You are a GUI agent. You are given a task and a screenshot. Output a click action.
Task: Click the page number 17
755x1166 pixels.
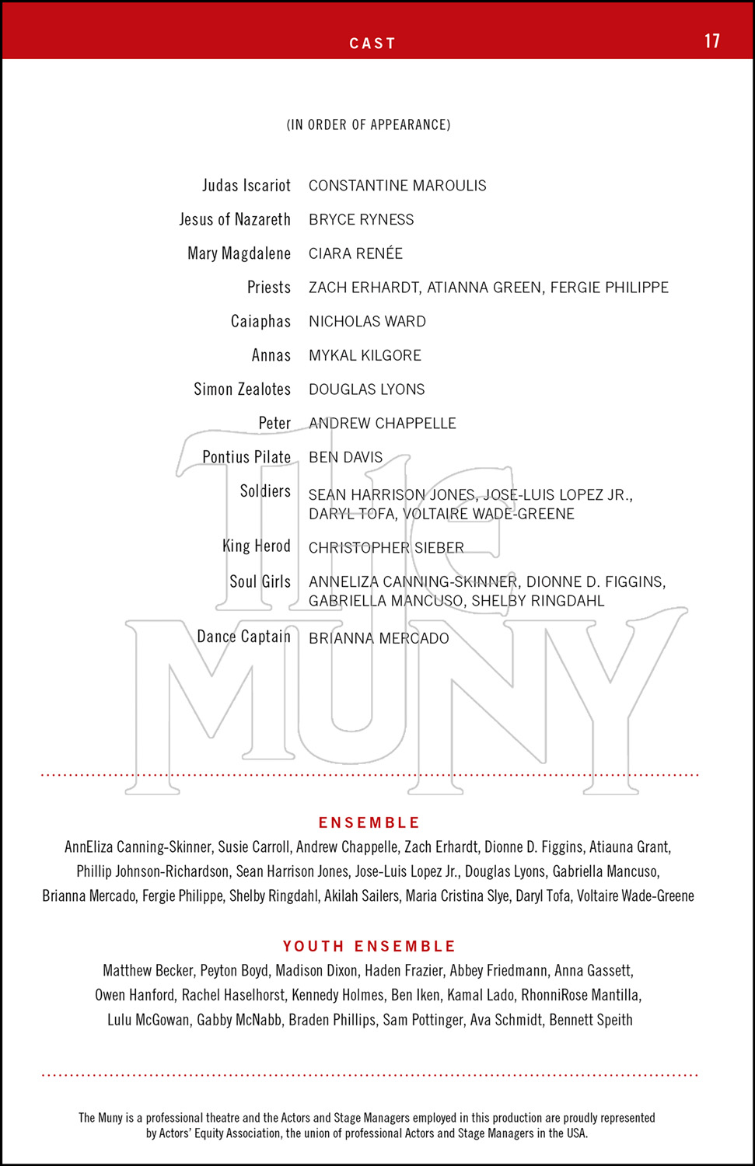711,41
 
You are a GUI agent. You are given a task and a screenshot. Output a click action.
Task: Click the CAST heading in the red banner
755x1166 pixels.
372,44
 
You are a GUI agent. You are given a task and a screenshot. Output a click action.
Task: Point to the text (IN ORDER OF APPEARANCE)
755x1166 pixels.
369,124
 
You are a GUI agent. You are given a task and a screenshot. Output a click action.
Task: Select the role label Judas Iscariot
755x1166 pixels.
246,186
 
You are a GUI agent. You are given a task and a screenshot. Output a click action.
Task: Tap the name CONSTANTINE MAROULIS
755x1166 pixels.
397,186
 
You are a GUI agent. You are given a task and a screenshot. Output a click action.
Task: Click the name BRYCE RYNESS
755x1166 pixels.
361,220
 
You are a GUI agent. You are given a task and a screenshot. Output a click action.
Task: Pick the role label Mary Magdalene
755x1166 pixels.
239,253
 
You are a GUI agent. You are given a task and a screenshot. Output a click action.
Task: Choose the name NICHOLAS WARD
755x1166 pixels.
367,322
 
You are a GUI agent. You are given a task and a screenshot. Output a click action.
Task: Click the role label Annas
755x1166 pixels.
271,356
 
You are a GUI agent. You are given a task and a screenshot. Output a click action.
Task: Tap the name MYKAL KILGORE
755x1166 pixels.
365,356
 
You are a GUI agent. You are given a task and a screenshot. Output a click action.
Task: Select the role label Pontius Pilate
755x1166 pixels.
246,457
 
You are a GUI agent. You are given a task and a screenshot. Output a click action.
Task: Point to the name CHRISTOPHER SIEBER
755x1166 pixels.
386,548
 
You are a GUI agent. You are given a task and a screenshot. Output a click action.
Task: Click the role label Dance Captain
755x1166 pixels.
243,637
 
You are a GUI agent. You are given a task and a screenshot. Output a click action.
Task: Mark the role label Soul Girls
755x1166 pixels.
260,582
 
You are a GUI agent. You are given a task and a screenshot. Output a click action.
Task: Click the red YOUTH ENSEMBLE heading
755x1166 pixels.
369,946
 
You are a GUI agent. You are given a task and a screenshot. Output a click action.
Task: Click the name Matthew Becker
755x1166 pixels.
148,971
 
